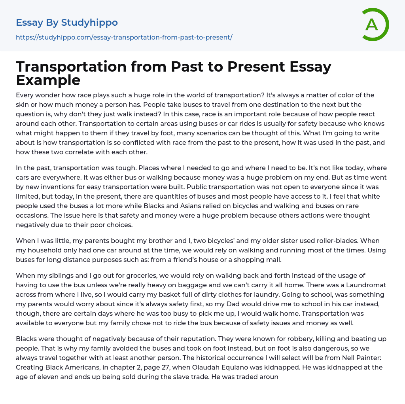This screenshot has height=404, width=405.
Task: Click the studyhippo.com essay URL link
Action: click(x=124, y=37)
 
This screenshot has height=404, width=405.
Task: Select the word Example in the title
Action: click(x=48, y=80)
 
